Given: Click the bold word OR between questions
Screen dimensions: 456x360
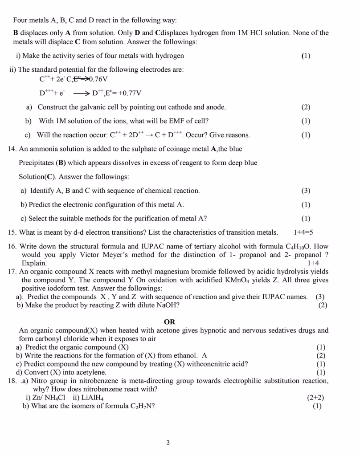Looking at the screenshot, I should (x=169, y=322).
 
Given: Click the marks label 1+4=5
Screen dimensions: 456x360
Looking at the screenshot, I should (x=303, y=232).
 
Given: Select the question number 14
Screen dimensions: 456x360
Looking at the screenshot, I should (x=12, y=148).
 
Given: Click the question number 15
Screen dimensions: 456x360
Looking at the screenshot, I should (x=12, y=232).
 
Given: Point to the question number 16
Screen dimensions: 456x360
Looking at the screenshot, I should (x=12, y=246).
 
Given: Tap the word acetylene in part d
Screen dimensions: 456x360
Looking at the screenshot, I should (x=92, y=372).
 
